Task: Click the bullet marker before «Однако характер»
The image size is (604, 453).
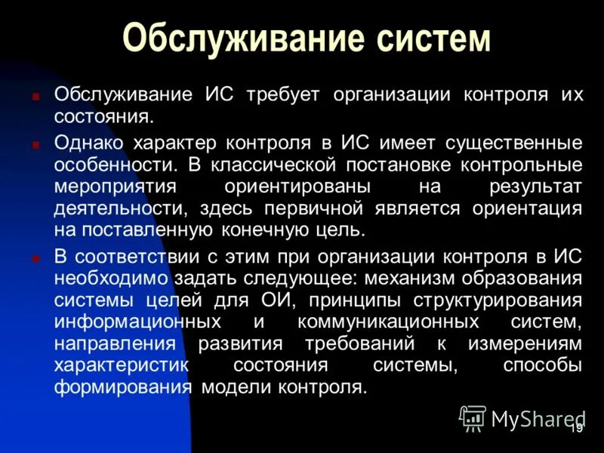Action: tap(35, 143)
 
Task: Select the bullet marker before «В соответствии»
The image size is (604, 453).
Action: tap(35, 258)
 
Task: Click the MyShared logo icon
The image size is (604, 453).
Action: tap(473, 418)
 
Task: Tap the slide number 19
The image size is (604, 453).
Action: tap(575, 428)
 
